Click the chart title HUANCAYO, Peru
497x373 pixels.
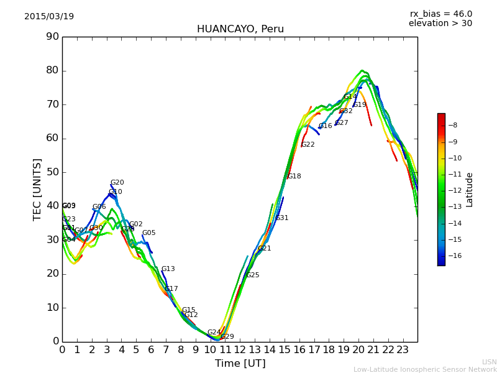[240, 29]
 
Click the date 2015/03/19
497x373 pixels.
[49, 17]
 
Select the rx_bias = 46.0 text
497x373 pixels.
[440, 14]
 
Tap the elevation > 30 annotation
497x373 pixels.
[440, 24]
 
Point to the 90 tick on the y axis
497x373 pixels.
[52, 37]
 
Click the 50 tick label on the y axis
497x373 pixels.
[52, 172]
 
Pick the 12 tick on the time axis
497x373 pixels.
[240, 350]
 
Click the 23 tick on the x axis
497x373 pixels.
[403, 350]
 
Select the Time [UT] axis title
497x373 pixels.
[240, 364]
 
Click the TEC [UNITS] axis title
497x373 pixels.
[37, 189]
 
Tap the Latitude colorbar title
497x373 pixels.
[470, 190]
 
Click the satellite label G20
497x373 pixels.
[117, 183]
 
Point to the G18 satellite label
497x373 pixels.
[294, 177]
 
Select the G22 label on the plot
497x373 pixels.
[308, 145]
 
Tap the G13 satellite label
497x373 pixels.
[168, 269]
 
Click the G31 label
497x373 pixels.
[282, 218]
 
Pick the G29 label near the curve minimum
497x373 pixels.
[227, 337]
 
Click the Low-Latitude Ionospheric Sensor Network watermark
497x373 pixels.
[425, 370]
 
